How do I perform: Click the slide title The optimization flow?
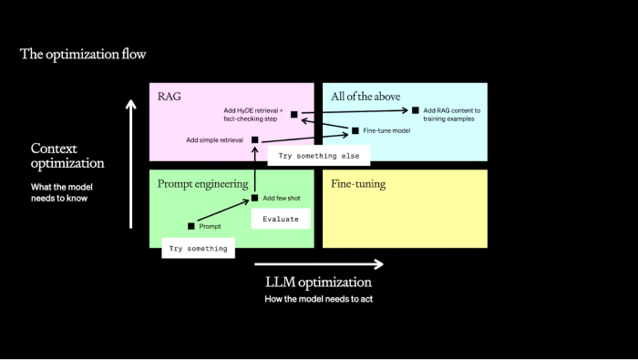click(83, 55)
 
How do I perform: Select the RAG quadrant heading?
click(170, 97)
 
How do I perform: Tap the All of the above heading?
click(365, 97)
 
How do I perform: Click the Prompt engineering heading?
click(203, 183)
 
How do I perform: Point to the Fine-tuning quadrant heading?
click(358, 183)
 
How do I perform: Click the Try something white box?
click(196, 248)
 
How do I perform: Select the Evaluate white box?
click(281, 219)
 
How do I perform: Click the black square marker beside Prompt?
click(191, 226)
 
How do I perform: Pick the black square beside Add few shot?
click(255, 198)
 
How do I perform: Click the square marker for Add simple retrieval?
click(255, 139)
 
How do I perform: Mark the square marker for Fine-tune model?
click(355, 130)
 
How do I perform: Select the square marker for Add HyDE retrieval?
click(294, 115)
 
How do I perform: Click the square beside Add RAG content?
click(416, 110)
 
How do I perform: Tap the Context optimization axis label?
click(67, 156)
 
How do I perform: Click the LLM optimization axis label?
click(318, 282)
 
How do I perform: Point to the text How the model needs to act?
click(318, 299)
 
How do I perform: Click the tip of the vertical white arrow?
click(130, 102)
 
